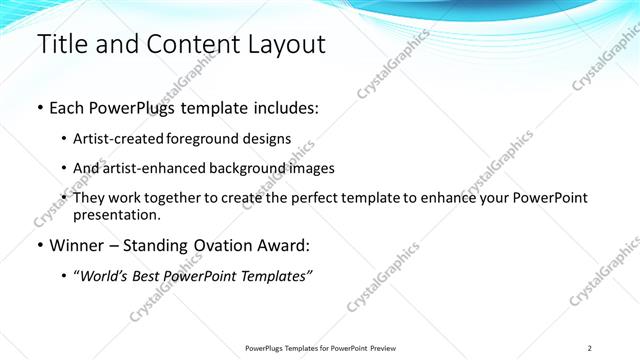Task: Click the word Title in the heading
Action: pos(59,44)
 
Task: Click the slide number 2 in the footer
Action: pos(589,348)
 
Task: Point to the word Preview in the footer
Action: pos(390,348)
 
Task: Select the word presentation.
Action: pos(117,214)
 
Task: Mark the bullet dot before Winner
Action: pos(39,245)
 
